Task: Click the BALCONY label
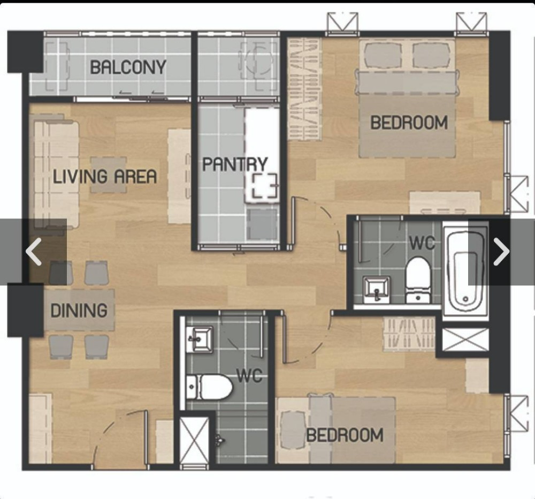click(x=128, y=67)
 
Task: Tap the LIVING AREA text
click(x=105, y=177)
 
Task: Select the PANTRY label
click(x=235, y=164)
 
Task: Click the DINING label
click(x=79, y=311)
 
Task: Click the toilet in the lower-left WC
click(x=209, y=387)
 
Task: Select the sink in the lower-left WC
click(x=200, y=339)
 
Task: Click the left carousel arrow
click(x=33, y=252)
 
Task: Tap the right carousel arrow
click(x=501, y=252)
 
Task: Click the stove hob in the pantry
click(x=264, y=185)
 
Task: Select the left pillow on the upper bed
click(x=381, y=55)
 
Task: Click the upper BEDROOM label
click(x=409, y=123)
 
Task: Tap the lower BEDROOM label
click(x=345, y=435)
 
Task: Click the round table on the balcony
click(x=259, y=60)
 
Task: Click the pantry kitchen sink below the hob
click(x=262, y=224)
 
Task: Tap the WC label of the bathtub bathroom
click(x=422, y=243)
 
